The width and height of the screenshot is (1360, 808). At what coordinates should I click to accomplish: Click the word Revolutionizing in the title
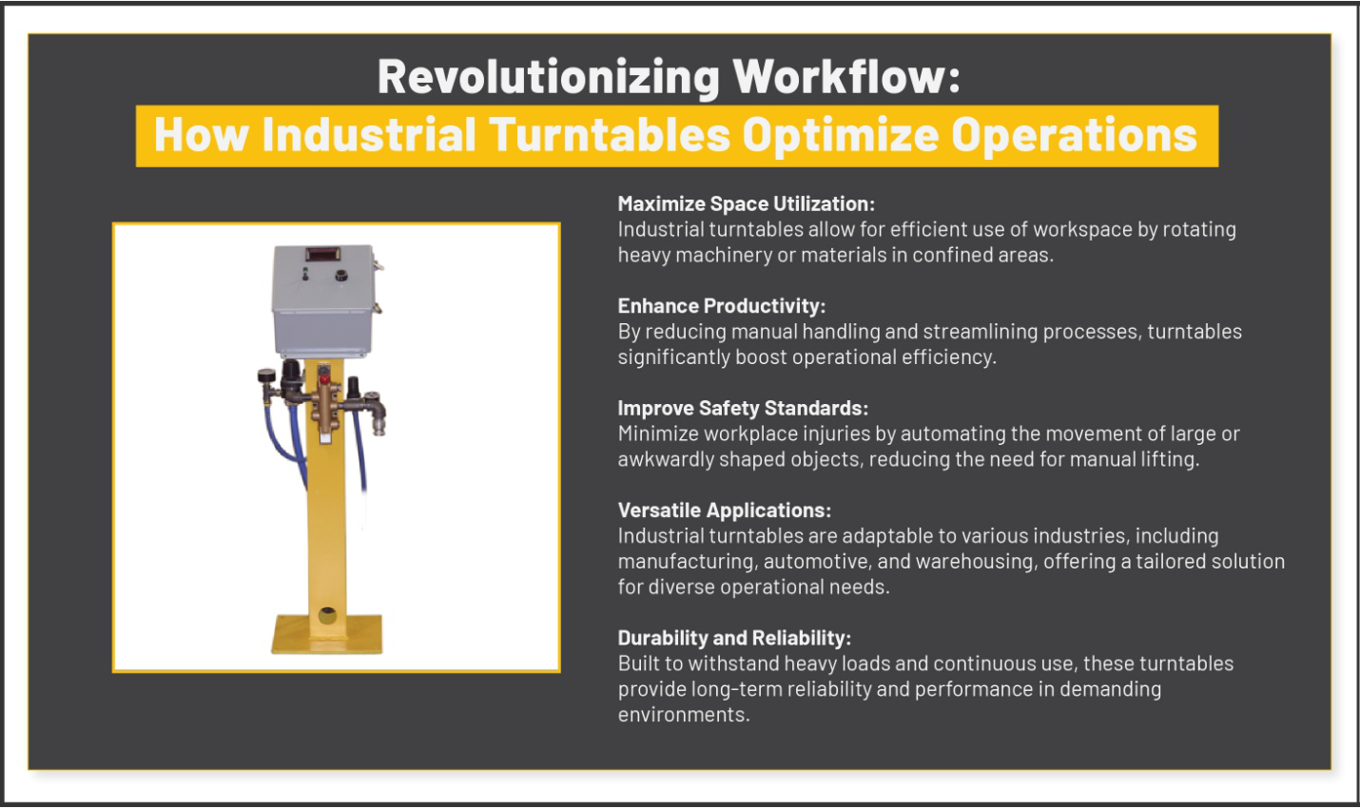pos(548,77)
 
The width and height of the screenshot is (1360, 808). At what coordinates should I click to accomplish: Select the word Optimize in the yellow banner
pos(841,135)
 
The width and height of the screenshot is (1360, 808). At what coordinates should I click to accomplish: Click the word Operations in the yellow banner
pos(1075,135)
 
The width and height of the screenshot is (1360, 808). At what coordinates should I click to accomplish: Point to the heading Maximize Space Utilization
pos(747,204)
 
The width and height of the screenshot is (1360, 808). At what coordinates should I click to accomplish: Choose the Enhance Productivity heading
pos(722,306)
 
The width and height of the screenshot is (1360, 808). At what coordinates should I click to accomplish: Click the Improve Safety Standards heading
pos(743,408)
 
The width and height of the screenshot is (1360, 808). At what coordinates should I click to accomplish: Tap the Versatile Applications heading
pos(725,510)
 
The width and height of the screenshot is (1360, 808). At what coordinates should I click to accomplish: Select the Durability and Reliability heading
pos(734,638)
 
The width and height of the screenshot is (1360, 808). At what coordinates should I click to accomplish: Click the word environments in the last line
pos(684,715)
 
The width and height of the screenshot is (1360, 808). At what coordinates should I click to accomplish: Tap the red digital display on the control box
pos(322,253)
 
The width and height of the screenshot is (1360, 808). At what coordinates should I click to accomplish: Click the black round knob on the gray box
pos(341,276)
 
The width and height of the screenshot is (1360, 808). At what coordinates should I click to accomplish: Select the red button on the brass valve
pos(324,379)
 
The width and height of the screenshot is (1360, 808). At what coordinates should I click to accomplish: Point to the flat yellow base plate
pos(326,635)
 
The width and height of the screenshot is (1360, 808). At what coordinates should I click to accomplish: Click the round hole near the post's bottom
pos(327,616)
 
